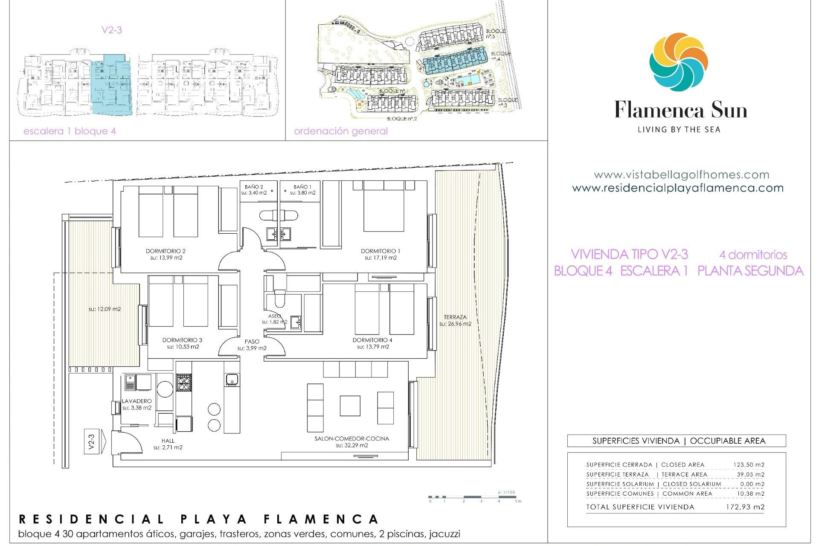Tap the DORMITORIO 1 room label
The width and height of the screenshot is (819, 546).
click(380, 251)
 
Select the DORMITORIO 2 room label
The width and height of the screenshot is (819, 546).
click(166, 251)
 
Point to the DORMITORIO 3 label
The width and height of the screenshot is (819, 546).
click(182, 340)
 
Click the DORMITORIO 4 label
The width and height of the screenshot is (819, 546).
click(372, 340)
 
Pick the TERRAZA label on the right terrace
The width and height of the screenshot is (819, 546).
click(455, 317)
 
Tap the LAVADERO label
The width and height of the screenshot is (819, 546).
click(136, 401)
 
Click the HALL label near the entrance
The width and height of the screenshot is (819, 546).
click(168, 441)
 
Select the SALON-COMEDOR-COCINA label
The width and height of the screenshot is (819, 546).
click(351, 439)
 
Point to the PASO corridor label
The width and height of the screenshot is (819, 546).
click(252, 341)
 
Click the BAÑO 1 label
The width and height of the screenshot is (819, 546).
click(302, 187)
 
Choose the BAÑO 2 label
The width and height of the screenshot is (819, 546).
click(254, 187)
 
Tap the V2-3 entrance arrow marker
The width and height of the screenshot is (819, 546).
click(92, 441)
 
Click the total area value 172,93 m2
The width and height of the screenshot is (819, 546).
click(745, 507)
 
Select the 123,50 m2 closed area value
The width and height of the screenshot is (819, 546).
click(749, 465)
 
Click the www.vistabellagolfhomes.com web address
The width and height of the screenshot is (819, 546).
click(681, 174)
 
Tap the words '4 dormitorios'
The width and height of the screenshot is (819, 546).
click(753, 255)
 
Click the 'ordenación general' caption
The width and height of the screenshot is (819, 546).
click(341, 131)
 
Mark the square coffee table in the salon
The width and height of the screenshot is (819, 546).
click(350, 406)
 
